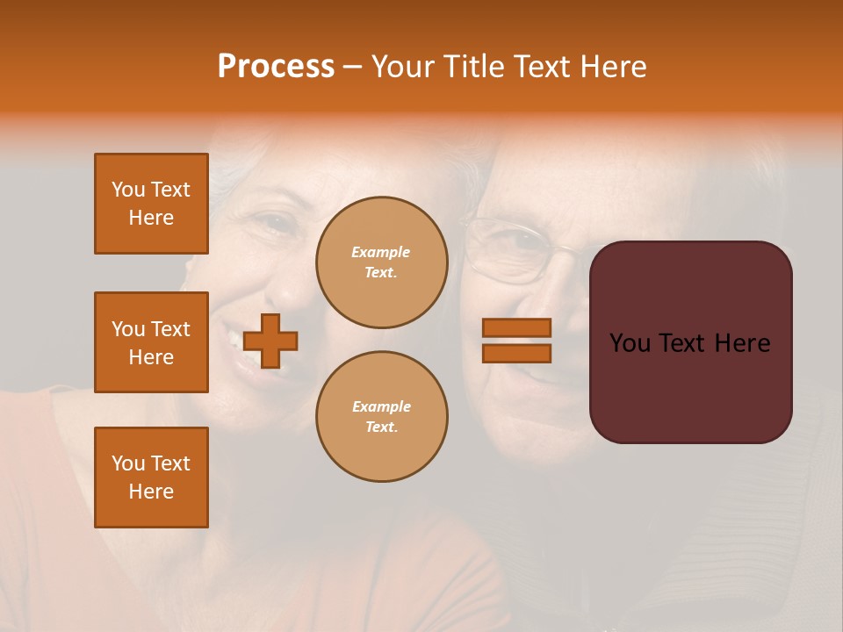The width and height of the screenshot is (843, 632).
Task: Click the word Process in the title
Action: click(276, 66)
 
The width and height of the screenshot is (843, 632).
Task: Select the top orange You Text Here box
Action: click(151, 204)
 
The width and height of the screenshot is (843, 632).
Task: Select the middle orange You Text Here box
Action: click(151, 342)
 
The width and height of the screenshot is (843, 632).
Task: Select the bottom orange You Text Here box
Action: click(151, 478)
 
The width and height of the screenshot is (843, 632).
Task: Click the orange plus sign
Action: click(270, 341)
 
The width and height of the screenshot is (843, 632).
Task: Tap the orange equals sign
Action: click(516, 341)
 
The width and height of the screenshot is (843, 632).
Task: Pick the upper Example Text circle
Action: click(381, 262)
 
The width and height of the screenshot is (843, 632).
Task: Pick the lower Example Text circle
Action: click(381, 416)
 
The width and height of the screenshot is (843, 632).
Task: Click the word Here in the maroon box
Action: click(742, 342)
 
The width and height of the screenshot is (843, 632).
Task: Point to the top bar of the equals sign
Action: click(516, 327)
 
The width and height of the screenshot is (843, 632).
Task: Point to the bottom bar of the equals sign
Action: click(516, 353)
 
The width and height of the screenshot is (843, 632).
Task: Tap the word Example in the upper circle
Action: click(381, 252)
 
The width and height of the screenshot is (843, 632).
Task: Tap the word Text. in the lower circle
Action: click(381, 427)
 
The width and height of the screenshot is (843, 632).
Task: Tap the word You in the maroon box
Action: click(630, 342)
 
